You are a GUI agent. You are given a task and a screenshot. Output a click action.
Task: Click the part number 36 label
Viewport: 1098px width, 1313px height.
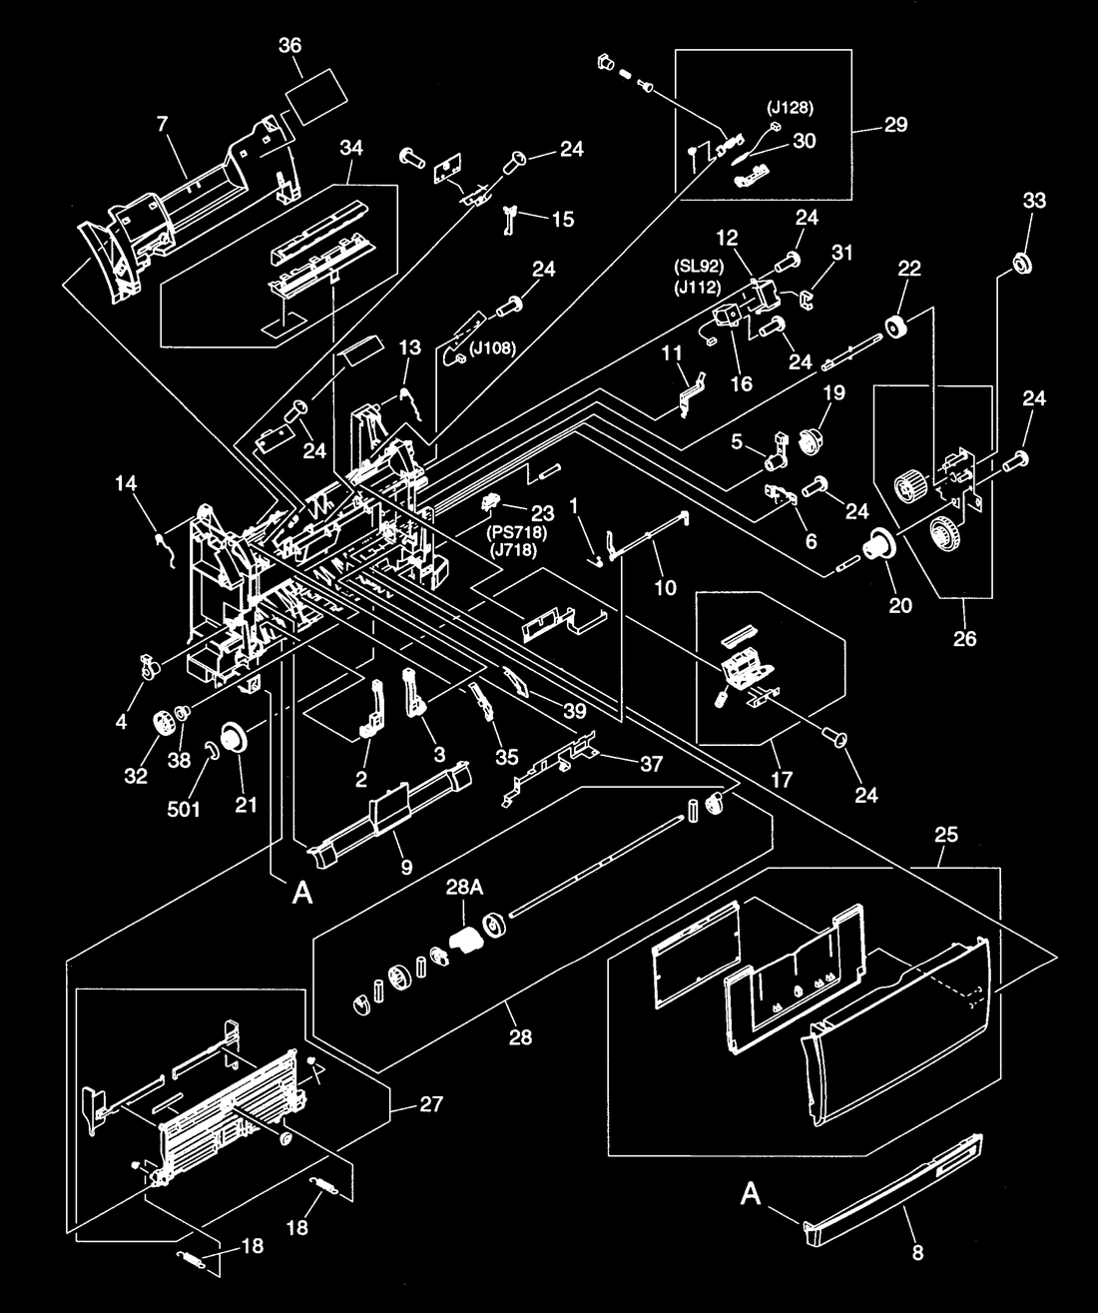[x=289, y=45]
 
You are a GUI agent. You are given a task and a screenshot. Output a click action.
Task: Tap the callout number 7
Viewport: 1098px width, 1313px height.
[x=163, y=124]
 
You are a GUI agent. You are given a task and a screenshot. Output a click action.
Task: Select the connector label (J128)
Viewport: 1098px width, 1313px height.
[x=790, y=108]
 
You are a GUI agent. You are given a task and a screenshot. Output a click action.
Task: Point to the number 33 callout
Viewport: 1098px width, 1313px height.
[x=1034, y=201]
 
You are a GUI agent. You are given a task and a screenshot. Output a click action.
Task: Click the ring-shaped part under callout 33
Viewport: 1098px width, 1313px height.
[x=1022, y=263]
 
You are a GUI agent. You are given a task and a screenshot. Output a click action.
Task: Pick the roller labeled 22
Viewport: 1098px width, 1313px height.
[x=895, y=327]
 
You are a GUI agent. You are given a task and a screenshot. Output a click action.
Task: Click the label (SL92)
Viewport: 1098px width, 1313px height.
[x=699, y=267]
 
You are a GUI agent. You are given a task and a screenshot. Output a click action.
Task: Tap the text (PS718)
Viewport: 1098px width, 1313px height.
[x=516, y=533]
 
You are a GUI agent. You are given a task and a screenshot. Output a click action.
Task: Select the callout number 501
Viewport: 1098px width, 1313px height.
[x=184, y=809]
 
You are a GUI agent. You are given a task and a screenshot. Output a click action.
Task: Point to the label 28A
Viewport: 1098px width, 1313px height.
[x=465, y=888]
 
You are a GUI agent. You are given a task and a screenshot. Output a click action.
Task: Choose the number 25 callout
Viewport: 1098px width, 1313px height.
[x=946, y=835]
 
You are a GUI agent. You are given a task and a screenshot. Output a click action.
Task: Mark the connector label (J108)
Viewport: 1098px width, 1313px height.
[x=492, y=347]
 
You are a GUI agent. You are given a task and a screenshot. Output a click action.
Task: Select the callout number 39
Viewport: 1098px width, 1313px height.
[x=575, y=711]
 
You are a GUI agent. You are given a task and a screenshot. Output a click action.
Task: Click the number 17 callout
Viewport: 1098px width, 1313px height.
[x=781, y=781]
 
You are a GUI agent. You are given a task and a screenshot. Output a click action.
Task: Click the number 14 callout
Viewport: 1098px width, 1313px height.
[x=126, y=483]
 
